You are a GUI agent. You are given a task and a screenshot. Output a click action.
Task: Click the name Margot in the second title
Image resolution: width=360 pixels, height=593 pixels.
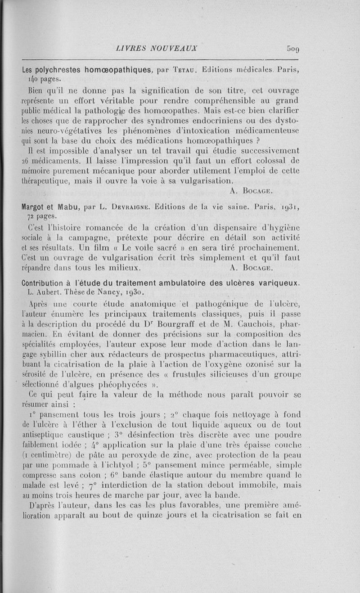tap(35, 208)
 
